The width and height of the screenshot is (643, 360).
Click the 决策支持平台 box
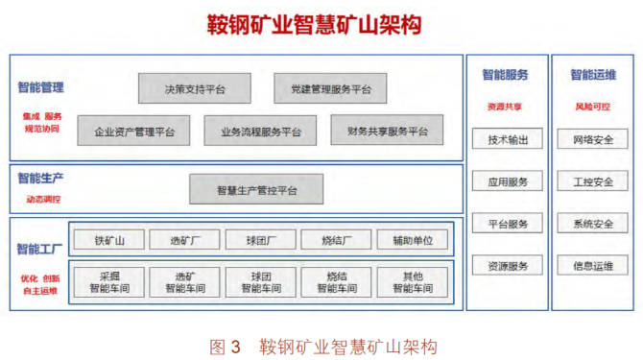point(195,89)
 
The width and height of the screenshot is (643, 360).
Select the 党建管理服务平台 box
point(329,89)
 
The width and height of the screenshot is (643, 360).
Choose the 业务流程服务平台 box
point(260,131)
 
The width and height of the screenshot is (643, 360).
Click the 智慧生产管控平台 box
point(256,189)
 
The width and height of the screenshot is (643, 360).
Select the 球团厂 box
point(260,239)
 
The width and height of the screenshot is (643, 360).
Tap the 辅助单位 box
point(412,239)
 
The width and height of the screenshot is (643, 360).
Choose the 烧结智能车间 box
point(336,280)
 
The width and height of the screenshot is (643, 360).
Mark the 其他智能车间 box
point(412,280)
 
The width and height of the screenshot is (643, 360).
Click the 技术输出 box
point(508,139)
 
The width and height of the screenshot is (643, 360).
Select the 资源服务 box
point(508,266)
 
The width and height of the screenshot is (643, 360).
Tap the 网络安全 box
point(593,139)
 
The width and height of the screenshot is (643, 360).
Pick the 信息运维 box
point(593,266)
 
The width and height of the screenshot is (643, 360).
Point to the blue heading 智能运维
point(593,75)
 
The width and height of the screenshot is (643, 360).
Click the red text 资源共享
point(507,107)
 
